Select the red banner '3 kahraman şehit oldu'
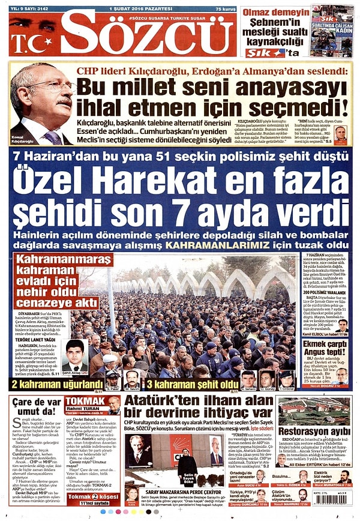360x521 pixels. point(193,384)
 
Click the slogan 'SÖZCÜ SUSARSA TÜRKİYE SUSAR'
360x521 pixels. point(140,18)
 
